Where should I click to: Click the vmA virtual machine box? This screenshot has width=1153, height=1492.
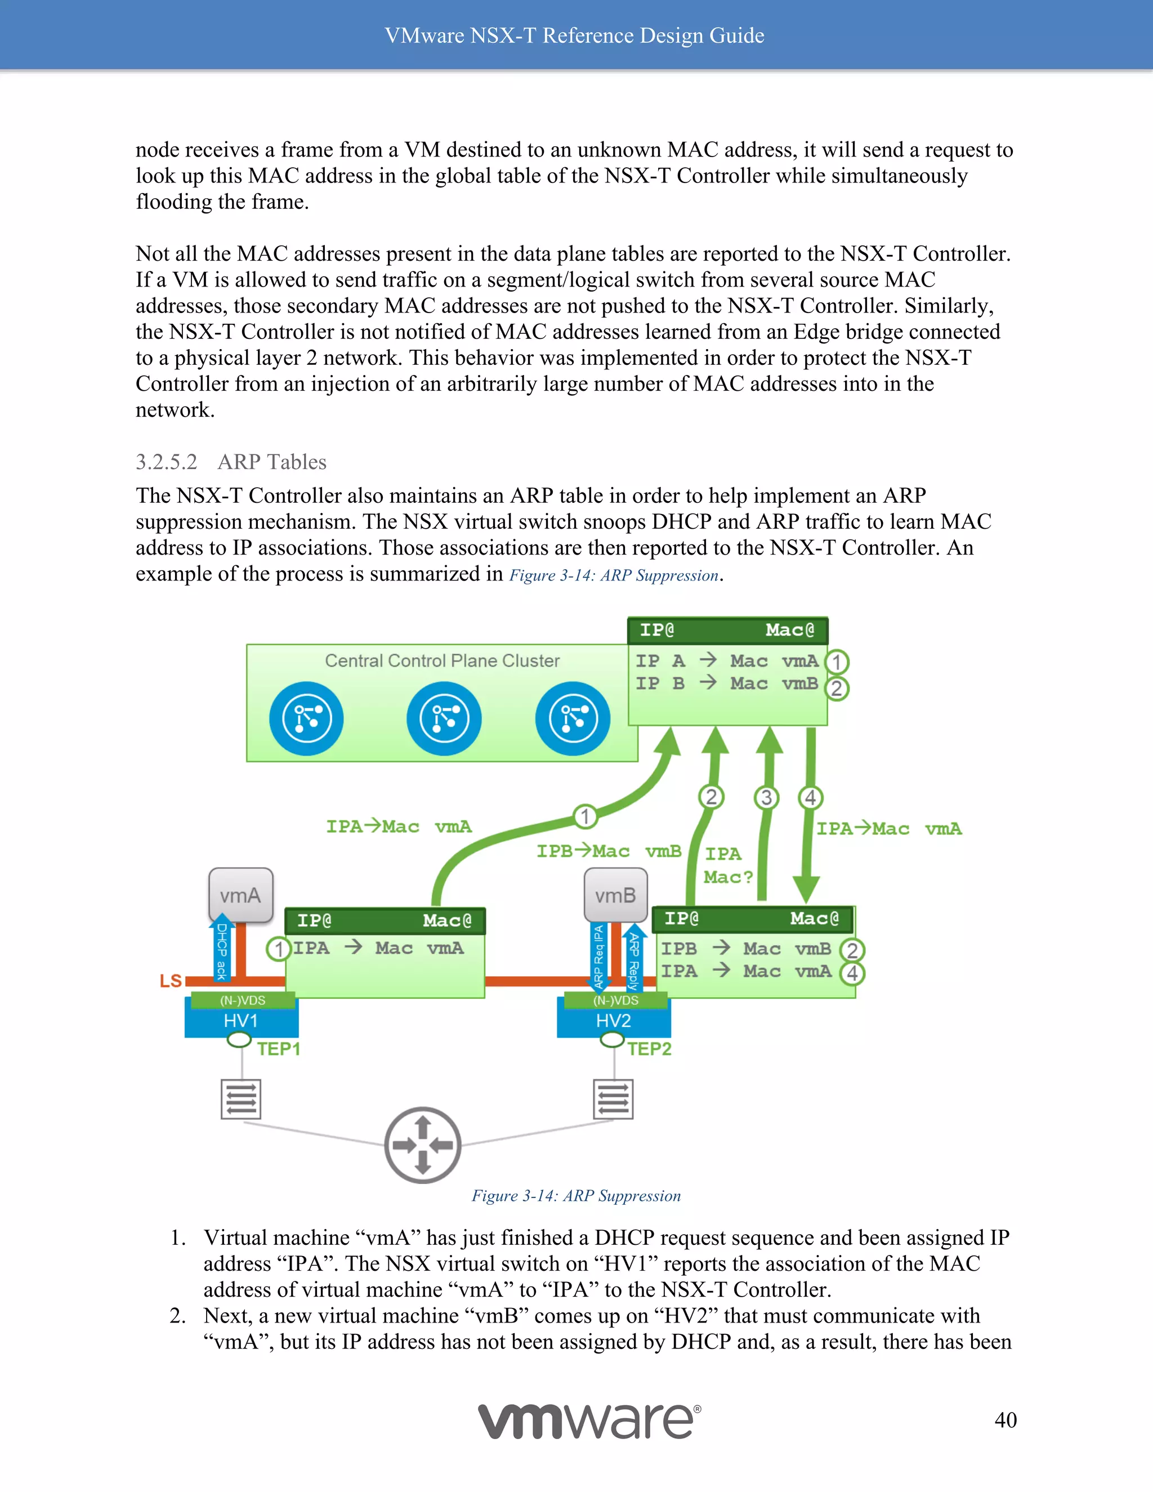[240, 895]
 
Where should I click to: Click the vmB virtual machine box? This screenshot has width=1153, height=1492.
[615, 895]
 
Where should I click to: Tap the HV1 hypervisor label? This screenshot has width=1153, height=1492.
[240, 1021]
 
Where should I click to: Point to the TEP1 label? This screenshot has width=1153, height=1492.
[279, 1049]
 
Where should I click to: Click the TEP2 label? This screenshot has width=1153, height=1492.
[650, 1049]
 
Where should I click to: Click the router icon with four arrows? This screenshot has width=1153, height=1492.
[423, 1145]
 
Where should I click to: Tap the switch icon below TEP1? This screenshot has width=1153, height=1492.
[240, 1098]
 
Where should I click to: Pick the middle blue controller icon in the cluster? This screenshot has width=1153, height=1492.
[444, 718]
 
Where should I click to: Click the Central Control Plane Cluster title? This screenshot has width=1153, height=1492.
[442, 660]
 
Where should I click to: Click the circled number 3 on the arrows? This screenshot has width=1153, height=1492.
[766, 797]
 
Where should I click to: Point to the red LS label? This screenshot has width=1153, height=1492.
[171, 981]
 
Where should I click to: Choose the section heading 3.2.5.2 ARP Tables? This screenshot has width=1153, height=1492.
[231, 462]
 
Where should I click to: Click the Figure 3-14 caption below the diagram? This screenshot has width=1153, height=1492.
[576, 1195]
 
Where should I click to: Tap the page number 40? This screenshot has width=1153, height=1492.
[1005, 1420]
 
